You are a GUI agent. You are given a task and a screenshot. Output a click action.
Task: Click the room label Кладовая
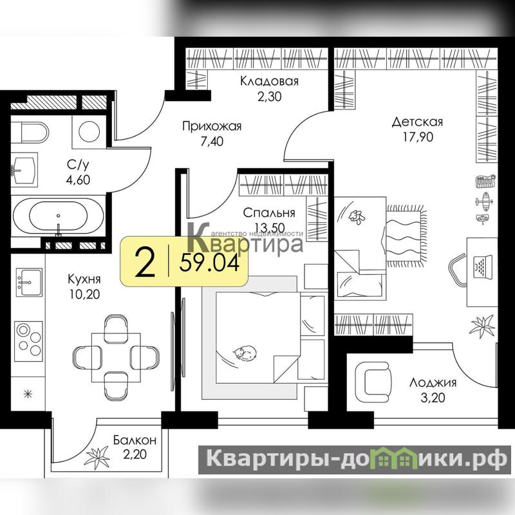coord(269,81)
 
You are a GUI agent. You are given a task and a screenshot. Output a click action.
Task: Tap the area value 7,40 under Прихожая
coord(212,142)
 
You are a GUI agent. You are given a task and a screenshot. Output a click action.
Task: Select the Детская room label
coord(417,122)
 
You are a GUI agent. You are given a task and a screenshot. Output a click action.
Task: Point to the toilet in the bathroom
coord(35,133)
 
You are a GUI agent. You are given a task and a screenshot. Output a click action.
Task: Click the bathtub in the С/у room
coord(58,216)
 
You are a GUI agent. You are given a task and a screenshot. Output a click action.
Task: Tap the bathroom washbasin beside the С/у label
coord(24,169)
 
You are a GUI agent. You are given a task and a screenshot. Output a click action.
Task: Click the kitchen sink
coord(29,282)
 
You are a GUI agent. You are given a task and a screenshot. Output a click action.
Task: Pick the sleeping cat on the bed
coord(245,353)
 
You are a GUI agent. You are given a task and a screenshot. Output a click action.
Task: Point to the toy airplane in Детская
coord(485,200)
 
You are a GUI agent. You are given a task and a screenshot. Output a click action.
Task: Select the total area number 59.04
coord(210,263)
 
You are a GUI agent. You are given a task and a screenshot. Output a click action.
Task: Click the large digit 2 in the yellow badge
coord(145,263)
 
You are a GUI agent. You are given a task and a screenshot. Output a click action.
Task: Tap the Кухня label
coord(84,279)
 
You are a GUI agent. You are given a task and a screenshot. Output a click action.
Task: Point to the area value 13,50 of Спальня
coord(269,227)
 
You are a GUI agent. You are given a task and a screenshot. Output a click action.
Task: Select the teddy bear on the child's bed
coord(357,217)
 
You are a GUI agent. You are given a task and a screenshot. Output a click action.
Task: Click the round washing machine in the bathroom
coord(89,131)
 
